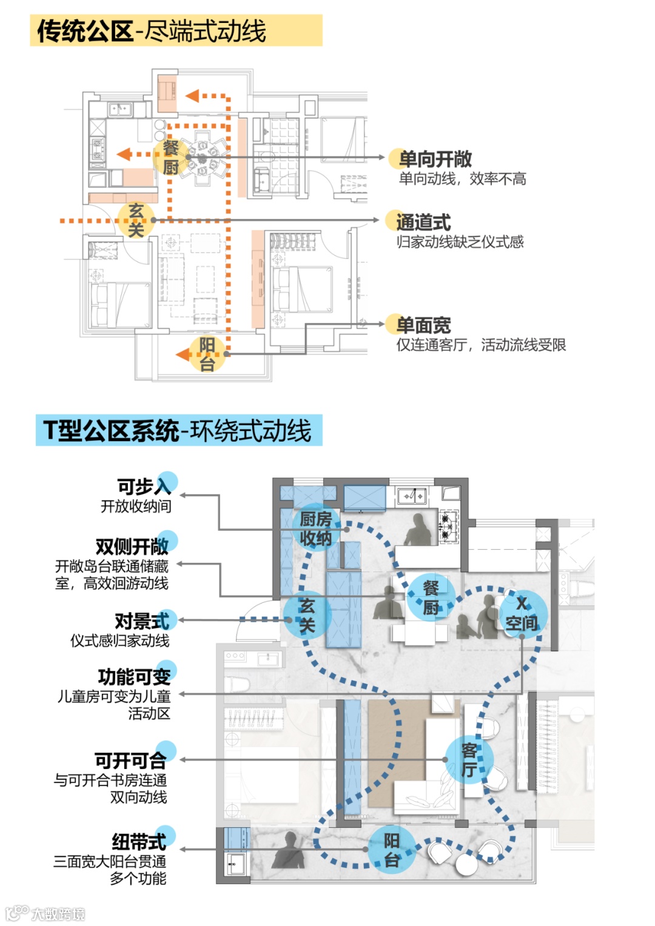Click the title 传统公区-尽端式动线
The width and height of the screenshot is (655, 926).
pos(152,31)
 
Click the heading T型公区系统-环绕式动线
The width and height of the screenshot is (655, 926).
pos(178,431)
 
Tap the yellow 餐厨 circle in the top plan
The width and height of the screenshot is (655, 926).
pos(171,157)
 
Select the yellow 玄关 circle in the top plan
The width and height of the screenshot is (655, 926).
pos(136,220)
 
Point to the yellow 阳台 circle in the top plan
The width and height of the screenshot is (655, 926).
pos(207,354)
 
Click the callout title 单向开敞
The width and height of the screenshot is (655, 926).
pos(435,159)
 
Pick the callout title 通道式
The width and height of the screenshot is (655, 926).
pos(423,222)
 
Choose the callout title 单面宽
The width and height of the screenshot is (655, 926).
pos(423,325)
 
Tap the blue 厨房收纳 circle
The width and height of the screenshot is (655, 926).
pos(315,528)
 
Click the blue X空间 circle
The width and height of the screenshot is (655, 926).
pos(522,613)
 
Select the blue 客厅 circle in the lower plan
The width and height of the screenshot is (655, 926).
pos(469,760)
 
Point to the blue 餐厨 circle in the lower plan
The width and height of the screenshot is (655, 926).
pos(431,596)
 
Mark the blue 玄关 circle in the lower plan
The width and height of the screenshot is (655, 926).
pos(307,615)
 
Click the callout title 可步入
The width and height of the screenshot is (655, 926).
pos(144,486)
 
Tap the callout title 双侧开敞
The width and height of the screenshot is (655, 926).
pos(132,547)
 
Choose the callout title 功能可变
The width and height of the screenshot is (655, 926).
pos(135,676)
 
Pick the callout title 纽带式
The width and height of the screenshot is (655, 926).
pos(139,842)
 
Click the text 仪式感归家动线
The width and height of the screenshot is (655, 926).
pos(120,641)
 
